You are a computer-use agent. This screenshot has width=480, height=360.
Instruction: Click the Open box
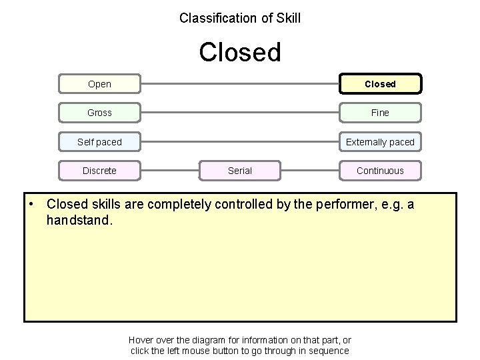99,84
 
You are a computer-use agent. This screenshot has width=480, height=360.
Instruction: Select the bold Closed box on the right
380,84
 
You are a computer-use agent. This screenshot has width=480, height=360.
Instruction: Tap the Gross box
99,113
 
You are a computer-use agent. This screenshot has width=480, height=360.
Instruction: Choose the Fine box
380,113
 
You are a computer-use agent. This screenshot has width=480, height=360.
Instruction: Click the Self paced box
99,142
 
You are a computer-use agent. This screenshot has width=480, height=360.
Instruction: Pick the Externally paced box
380,142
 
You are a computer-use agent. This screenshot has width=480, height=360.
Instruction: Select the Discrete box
99,171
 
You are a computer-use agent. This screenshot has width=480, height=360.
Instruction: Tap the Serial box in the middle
240,171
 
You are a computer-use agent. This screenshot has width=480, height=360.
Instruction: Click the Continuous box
380,171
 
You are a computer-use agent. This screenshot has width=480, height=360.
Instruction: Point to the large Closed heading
240,52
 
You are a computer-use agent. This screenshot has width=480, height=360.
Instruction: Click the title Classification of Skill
240,18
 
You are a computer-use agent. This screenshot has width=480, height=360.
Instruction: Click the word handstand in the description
77,220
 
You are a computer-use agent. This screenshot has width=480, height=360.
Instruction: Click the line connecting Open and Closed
240,84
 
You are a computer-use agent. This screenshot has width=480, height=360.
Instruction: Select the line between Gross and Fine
240,113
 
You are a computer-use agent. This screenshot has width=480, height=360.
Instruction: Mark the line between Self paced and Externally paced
240,142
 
